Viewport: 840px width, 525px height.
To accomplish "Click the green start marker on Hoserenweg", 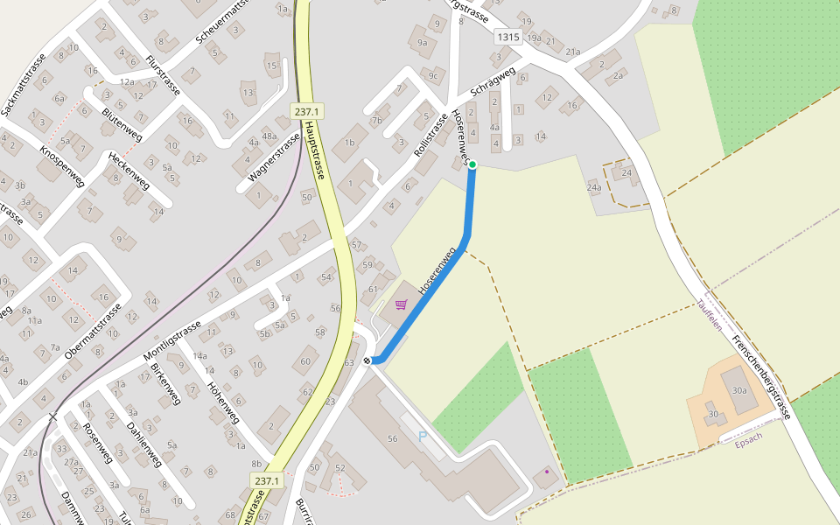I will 472,164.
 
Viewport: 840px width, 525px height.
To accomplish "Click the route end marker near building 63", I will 367,360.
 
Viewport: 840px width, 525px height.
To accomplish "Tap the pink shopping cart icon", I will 401,304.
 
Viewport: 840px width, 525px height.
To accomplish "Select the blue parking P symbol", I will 423,435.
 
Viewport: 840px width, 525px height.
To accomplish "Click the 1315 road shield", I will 507,37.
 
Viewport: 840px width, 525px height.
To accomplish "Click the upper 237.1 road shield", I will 306,111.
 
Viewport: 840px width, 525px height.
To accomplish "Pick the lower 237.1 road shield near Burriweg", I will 267,481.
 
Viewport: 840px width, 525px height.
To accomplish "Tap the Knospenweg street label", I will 61,164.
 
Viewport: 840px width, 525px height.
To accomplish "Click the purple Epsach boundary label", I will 748,439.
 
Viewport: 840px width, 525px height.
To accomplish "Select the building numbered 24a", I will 594,186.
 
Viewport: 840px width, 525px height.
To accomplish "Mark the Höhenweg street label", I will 224,389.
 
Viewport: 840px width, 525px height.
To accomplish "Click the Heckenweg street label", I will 129,171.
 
